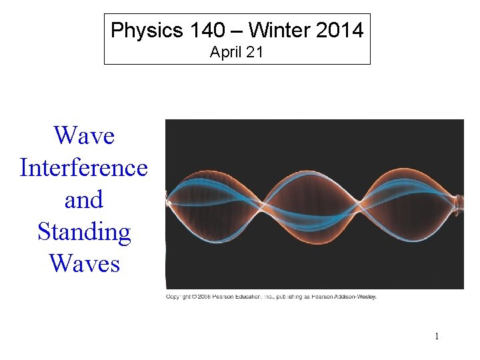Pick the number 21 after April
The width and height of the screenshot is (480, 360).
[255, 53]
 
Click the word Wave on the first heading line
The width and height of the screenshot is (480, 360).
[84, 135]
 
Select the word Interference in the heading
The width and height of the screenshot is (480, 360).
[84, 167]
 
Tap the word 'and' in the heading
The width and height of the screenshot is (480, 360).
[84, 199]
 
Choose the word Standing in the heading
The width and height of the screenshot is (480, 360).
[84, 231]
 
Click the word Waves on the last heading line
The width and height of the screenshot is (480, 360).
[84, 263]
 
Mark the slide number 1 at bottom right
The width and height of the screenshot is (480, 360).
[437, 336]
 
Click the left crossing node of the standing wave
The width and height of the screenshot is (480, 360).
[264, 201]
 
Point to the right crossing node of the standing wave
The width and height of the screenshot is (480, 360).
[360, 201]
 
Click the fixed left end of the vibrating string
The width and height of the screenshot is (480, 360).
[169, 201]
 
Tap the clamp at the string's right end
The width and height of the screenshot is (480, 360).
[458, 201]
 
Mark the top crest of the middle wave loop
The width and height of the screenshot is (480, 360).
[312, 171]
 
